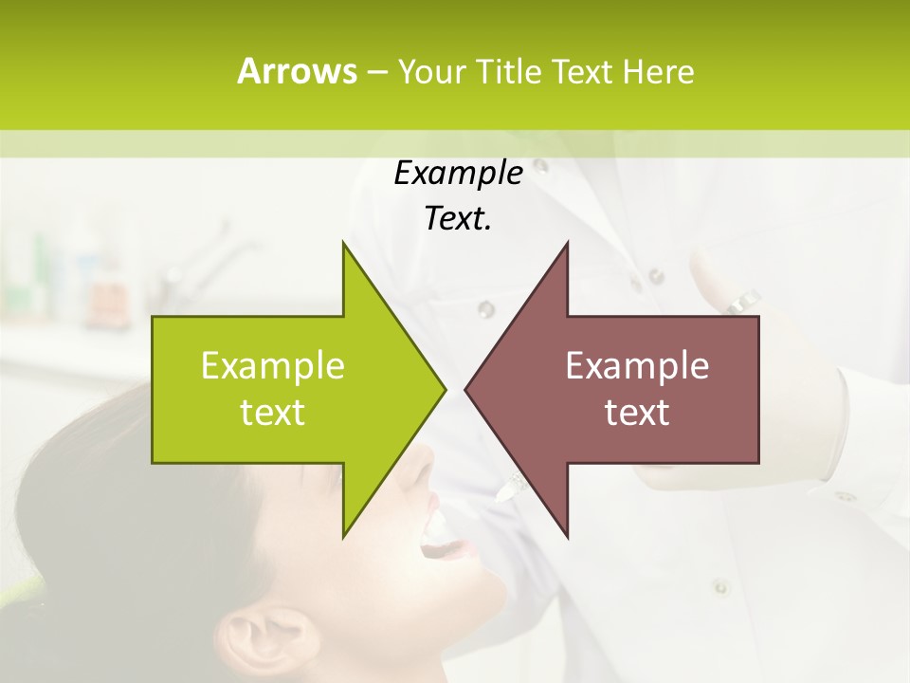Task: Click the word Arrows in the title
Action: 297,71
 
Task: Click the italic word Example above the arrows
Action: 458,173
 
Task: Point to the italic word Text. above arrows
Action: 458,219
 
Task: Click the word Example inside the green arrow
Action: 273,365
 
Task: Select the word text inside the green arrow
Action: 273,412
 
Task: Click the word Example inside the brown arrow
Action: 637,365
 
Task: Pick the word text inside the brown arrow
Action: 637,412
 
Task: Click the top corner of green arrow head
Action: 343,243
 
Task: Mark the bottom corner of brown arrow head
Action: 567,537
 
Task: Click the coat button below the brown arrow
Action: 719,585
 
